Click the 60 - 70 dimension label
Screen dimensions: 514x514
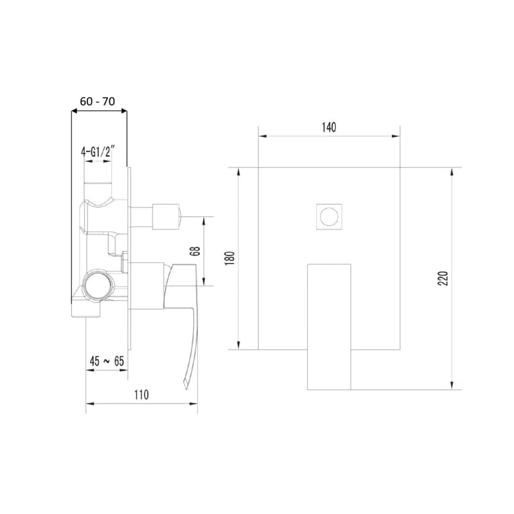[x=98, y=102]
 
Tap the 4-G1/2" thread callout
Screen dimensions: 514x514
[x=98, y=151]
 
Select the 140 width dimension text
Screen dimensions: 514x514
[x=329, y=127]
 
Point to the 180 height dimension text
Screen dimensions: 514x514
[x=230, y=258]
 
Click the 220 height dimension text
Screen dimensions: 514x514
[x=443, y=278]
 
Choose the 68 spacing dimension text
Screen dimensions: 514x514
[x=195, y=251]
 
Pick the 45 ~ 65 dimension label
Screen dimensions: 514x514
[x=107, y=361]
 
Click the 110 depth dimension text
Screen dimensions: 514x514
[x=141, y=394]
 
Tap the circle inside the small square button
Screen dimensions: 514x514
[x=329, y=217]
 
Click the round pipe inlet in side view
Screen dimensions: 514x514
[x=97, y=284]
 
